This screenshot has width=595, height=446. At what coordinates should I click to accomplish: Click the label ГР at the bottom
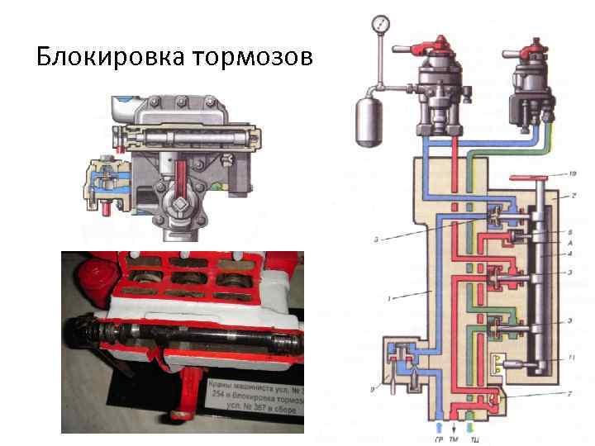click(437, 440)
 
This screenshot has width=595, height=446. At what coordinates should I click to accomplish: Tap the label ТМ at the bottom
click(454, 440)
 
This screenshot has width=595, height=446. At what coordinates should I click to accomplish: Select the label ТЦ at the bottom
click(470, 440)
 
